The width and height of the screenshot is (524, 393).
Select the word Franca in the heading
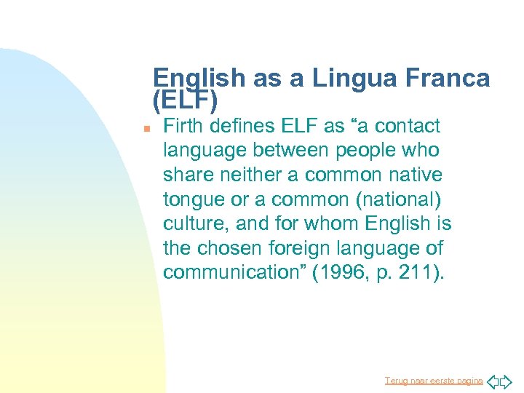point(448,79)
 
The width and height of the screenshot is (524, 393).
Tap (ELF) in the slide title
point(186,98)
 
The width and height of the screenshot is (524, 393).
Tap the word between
point(285,151)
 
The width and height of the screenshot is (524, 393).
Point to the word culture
point(191,223)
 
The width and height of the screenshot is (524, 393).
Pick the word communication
point(226,272)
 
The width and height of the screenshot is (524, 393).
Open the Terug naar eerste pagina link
point(434,381)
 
